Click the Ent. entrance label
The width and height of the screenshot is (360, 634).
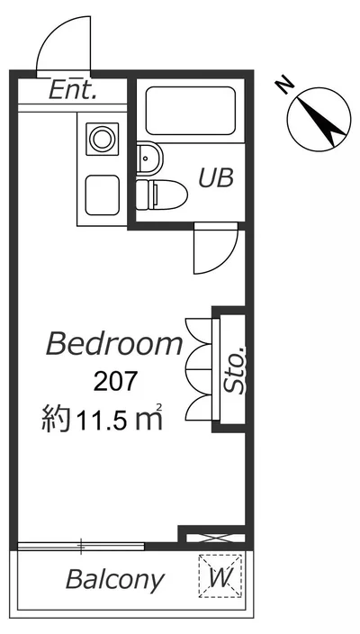tap(73, 91)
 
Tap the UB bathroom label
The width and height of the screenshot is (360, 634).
tap(216, 177)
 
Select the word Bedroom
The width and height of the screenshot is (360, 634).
tap(114, 344)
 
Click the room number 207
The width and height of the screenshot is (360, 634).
tap(114, 382)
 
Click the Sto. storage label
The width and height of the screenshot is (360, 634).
tap(234, 370)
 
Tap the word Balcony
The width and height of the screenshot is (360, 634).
tap(115, 580)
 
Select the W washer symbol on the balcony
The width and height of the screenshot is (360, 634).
tap(220, 576)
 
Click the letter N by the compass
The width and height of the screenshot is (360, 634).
tap(284, 86)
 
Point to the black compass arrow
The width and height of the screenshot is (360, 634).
tap(322, 120)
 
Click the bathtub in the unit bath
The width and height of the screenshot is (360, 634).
tap(190, 111)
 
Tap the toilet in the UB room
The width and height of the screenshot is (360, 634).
tap(161, 195)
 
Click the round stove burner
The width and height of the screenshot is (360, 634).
tap(103, 139)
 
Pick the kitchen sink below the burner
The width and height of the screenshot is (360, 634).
tap(103, 195)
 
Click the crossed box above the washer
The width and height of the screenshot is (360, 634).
tap(215, 539)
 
